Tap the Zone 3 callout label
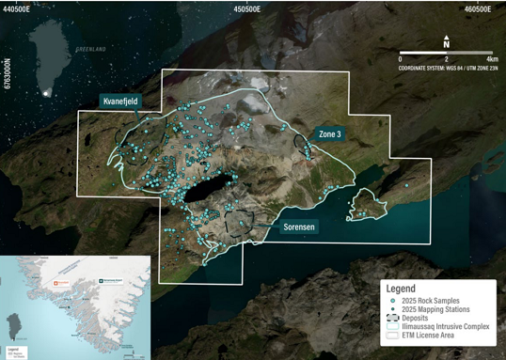pos(329,134)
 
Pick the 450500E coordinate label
pos(246,8)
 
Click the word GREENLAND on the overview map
pos(91,49)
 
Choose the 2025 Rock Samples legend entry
pos(431,300)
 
